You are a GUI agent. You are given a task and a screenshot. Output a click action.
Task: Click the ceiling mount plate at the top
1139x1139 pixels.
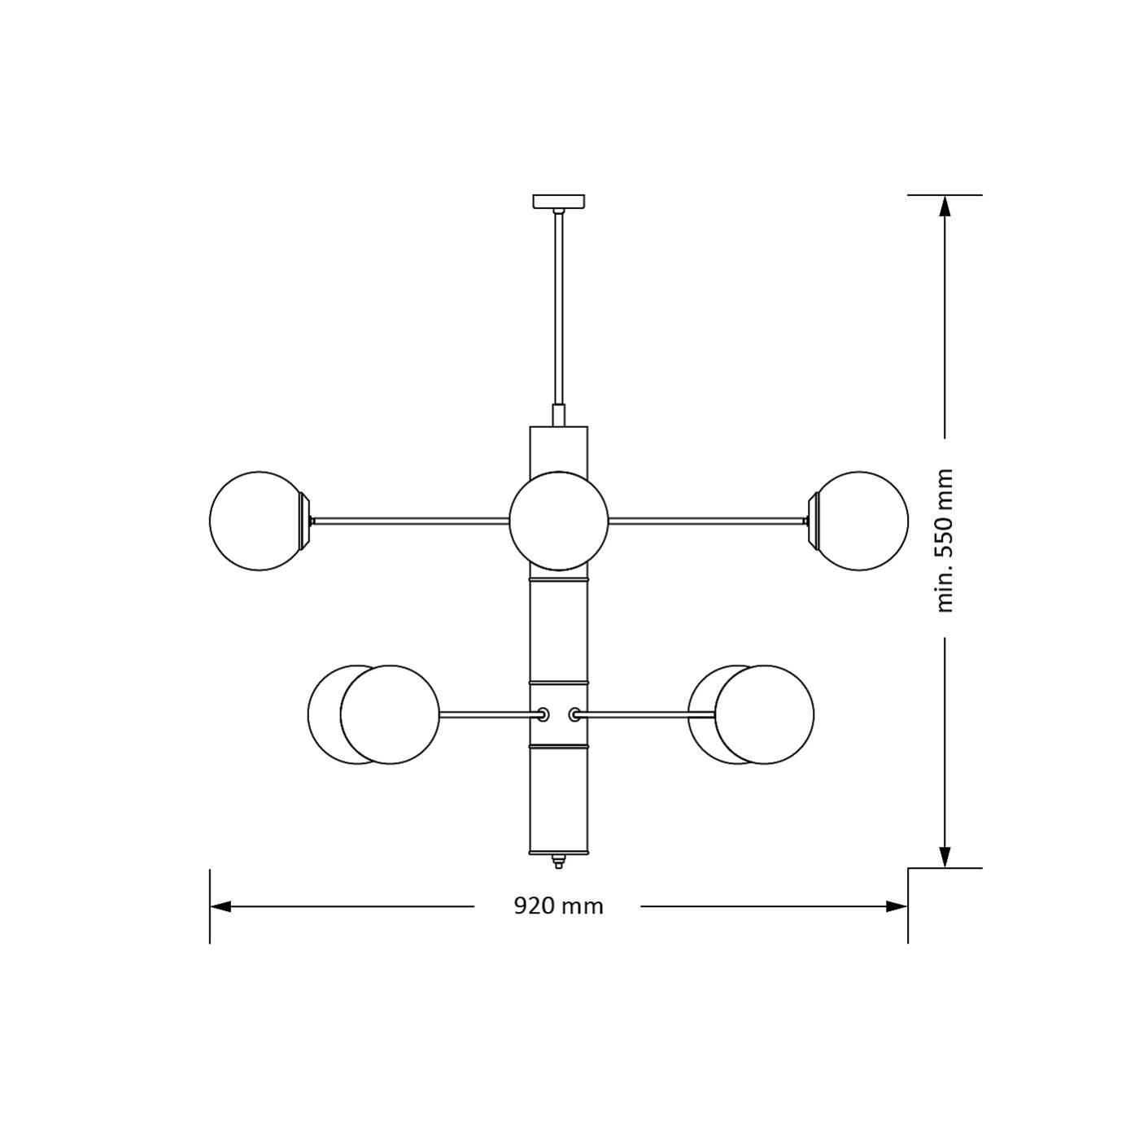[x=558, y=201]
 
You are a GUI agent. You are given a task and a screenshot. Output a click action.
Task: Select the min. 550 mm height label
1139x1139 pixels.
[x=945, y=540]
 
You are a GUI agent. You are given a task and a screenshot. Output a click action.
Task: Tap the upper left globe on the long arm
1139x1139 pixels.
[x=259, y=520]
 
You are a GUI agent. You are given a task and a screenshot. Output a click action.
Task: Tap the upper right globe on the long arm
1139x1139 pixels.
[x=859, y=520]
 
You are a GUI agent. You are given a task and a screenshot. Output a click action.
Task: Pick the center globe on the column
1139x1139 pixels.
[x=559, y=520]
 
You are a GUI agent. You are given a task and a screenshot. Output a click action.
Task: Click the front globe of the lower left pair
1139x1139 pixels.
[x=391, y=714]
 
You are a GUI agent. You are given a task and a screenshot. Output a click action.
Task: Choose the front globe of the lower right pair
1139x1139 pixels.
[x=764, y=714]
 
